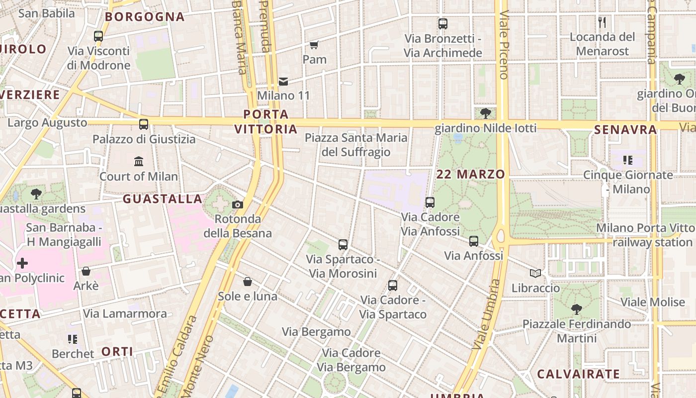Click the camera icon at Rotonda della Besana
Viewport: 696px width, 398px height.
pos(238,204)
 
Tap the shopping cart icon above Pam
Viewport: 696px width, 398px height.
pos(314,45)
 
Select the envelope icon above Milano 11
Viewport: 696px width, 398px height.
pos(283,81)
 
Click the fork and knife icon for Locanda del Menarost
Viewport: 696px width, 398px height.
pos(602,22)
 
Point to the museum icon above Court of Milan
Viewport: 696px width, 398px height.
pos(139,161)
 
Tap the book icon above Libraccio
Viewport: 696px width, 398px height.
pos(535,273)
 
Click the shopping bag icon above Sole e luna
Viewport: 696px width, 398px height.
pos(248,282)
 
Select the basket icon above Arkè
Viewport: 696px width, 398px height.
pos(86,271)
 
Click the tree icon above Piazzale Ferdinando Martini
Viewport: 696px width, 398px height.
pos(577,309)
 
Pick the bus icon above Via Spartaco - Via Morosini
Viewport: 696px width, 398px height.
pos(343,244)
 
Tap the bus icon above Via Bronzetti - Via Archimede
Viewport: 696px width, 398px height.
pos(442,23)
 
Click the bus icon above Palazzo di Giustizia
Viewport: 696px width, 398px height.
pos(144,124)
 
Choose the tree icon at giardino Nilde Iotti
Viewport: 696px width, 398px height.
pos(485,113)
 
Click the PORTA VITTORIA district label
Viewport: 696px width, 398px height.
pos(266,122)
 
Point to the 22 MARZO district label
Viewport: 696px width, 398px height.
pos(471,174)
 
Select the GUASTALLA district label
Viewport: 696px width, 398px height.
pos(163,199)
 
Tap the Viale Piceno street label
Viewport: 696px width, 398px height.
pos(504,45)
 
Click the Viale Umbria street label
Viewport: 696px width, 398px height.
pos(487,313)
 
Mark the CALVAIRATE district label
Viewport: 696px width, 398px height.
pos(579,374)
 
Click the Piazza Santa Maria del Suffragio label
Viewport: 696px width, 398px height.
pos(356,145)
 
